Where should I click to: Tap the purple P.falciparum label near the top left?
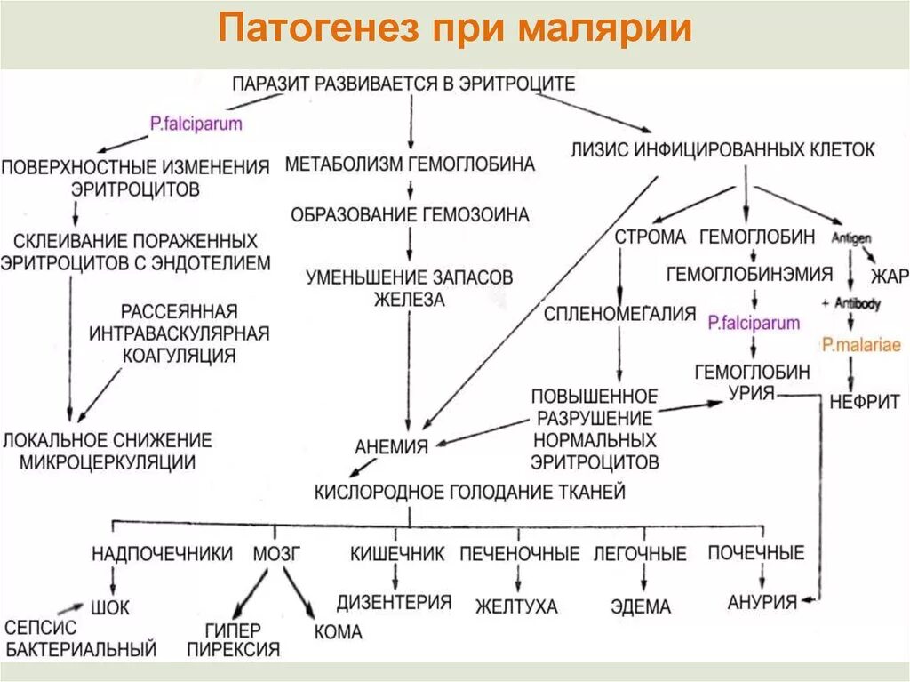pos(196,124)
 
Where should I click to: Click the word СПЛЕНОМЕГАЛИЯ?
pos(619,313)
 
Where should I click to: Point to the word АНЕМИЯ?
pos(392,446)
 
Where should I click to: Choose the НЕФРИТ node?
pos(864,400)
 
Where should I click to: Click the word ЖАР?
pos(890,277)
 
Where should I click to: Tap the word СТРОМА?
pos(651,237)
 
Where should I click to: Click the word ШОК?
pos(110,609)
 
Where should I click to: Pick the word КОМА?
pos(338,632)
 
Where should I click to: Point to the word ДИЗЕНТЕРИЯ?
pos(394,602)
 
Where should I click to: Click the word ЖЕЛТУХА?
pos(516,606)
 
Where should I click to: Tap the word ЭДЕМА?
pos(641,606)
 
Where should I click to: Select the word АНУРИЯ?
pos(762,601)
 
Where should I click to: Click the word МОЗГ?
pos(278,554)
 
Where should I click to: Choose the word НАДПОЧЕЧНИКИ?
pos(162,554)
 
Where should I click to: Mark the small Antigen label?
pos(851,238)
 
